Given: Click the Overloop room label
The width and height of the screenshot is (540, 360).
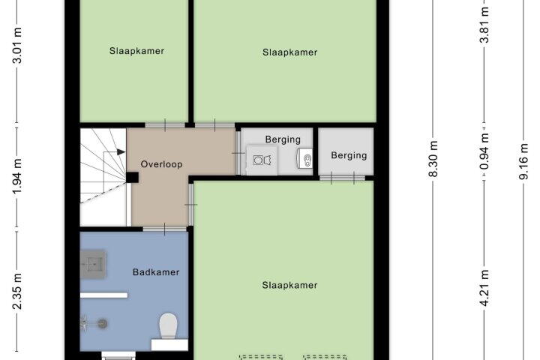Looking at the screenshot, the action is click(x=161, y=164).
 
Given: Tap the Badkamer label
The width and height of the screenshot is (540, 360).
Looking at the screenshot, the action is click(x=156, y=272).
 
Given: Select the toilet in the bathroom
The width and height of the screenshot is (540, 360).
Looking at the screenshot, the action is click(x=169, y=325).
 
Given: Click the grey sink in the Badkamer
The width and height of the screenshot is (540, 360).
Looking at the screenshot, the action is click(x=93, y=264).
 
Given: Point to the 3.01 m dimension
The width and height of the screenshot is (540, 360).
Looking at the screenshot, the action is click(x=17, y=46).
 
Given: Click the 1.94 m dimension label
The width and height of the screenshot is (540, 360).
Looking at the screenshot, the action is click(x=17, y=176).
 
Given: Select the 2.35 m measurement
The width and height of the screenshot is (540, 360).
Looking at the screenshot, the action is click(x=17, y=291).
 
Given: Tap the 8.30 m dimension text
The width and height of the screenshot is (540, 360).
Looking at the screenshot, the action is click(x=433, y=159).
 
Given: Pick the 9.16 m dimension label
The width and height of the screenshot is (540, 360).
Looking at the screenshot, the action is click(x=523, y=161).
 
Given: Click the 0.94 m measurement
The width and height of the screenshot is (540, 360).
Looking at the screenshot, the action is click(x=484, y=151).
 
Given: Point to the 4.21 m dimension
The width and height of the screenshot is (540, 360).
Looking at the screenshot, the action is click(x=484, y=288).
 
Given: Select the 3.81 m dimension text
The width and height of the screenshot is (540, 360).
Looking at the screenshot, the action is click(x=484, y=25).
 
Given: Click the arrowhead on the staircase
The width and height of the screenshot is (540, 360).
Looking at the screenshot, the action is click(x=121, y=152).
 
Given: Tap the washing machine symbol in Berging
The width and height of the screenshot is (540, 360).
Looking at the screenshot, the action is click(x=262, y=160).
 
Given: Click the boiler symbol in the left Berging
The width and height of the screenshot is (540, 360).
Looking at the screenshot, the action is click(x=305, y=159).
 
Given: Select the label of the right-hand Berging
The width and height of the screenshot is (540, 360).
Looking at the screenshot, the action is click(x=349, y=155).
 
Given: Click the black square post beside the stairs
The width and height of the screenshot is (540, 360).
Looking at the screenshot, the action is click(x=132, y=178).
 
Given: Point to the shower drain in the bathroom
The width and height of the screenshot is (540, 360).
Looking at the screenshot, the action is click(x=103, y=323).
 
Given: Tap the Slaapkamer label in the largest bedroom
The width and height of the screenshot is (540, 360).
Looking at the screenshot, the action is click(x=289, y=285).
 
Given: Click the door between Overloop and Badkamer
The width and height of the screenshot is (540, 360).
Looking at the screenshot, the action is click(x=165, y=229).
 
